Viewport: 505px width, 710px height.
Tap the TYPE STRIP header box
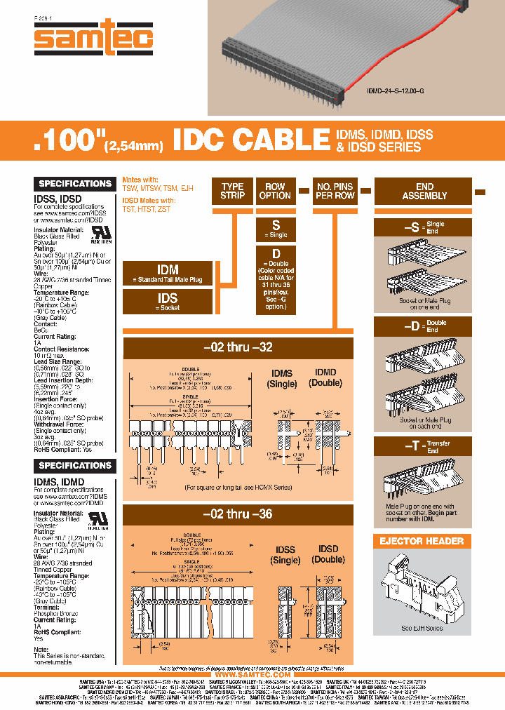coord(232,191)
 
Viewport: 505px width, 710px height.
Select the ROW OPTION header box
coord(275,191)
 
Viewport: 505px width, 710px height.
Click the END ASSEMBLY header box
coord(424,191)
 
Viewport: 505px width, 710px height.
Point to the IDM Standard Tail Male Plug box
coord(167,274)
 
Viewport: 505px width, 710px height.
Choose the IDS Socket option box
coord(167,302)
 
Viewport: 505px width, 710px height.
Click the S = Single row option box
coord(275,229)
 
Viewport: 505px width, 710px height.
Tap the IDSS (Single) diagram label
coord(285,554)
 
